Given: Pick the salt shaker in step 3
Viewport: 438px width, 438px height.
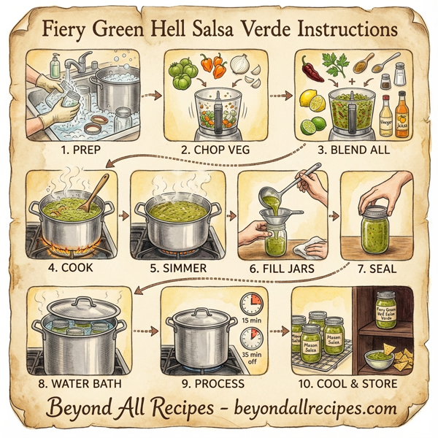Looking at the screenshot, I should click(399, 73).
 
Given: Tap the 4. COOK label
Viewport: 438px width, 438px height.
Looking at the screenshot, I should click(71, 267).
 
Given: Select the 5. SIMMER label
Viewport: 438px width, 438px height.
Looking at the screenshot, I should click(177, 267).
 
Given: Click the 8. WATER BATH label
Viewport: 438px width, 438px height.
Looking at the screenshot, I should click(82, 383).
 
